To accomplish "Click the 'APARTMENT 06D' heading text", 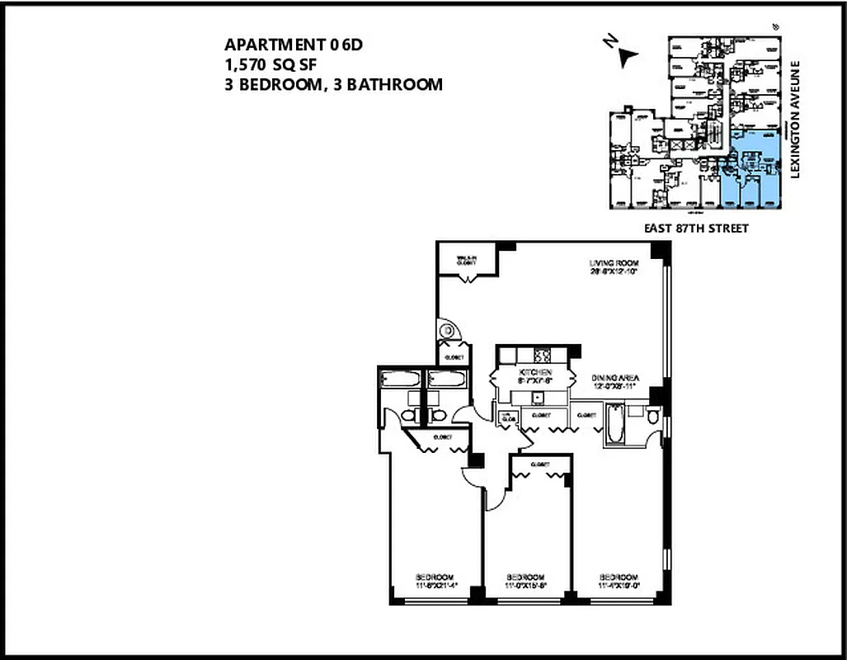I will point(294,45).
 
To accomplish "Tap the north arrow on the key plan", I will point(629,55).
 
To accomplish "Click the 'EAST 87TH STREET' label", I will point(695,229).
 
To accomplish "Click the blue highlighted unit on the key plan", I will point(751,169).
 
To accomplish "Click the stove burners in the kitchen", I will point(544,356).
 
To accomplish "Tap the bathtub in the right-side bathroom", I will point(615,425).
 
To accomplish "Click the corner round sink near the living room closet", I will point(447,331).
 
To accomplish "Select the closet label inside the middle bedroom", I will point(540,464).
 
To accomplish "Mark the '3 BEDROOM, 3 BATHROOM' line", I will point(333,84).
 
